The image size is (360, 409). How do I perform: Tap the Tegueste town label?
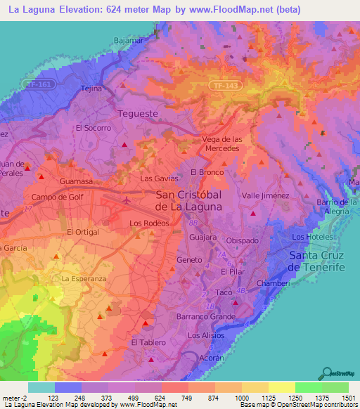[x=137, y=113]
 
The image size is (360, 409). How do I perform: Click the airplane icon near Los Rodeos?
[x=127, y=200]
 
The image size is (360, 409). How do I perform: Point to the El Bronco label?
[x=207, y=172]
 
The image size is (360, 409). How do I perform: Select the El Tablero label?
[x=148, y=342]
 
